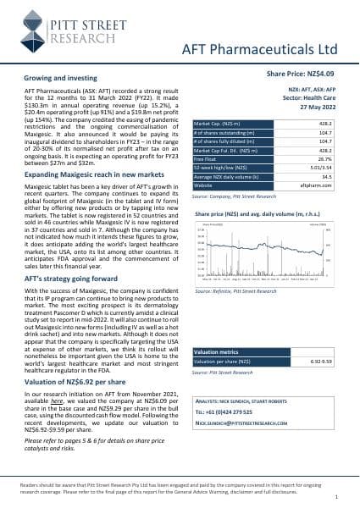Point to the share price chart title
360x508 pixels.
[263, 215]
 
